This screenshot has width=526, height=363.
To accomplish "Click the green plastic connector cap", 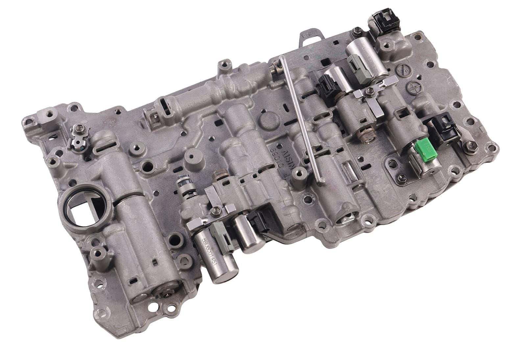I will [424, 148].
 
